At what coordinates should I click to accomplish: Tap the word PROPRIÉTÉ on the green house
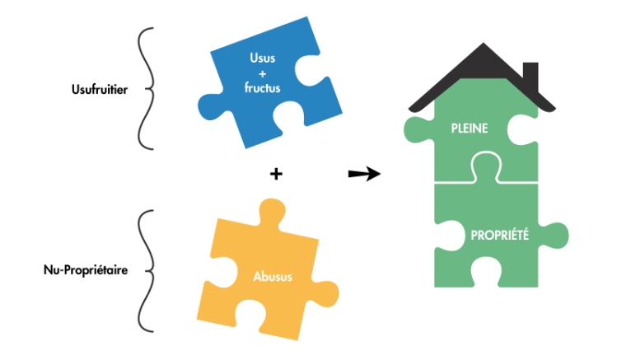coord(499,235)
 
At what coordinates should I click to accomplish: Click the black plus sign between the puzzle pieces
coord(276,174)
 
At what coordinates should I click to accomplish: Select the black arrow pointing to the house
coord(363,174)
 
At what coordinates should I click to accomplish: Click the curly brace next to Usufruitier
coord(146,89)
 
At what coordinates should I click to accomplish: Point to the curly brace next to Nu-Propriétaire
coord(146,270)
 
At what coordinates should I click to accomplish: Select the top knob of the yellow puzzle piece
coord(268,212)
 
